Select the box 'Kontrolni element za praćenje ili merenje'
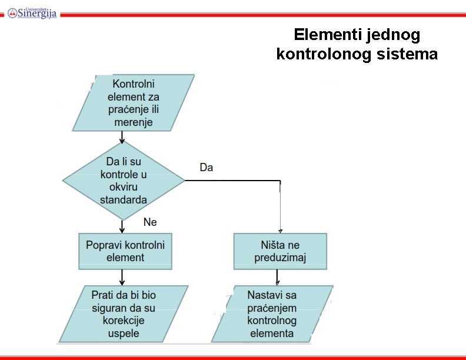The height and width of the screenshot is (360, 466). [134, 103]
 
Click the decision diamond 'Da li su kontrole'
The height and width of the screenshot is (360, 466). [124, 181]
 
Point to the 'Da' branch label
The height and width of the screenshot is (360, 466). [207, 168]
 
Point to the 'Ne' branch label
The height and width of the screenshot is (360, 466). [150, 222]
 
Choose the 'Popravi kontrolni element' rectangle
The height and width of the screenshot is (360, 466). [125, 251]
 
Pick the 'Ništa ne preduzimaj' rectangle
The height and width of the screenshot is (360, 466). [280, 251]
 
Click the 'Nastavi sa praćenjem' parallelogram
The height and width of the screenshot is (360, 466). [272, 314]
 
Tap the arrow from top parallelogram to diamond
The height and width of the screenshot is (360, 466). [122, 136]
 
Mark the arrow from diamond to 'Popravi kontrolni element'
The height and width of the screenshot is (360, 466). [122, 226]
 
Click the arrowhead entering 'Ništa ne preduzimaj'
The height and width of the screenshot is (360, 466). [280, 230]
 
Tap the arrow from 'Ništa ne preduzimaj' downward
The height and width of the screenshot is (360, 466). [277, 278]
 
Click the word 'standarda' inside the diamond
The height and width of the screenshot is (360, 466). [124, 200]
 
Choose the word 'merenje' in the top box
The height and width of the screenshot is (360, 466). [134, 122]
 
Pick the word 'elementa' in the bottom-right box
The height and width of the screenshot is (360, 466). [271, 334]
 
